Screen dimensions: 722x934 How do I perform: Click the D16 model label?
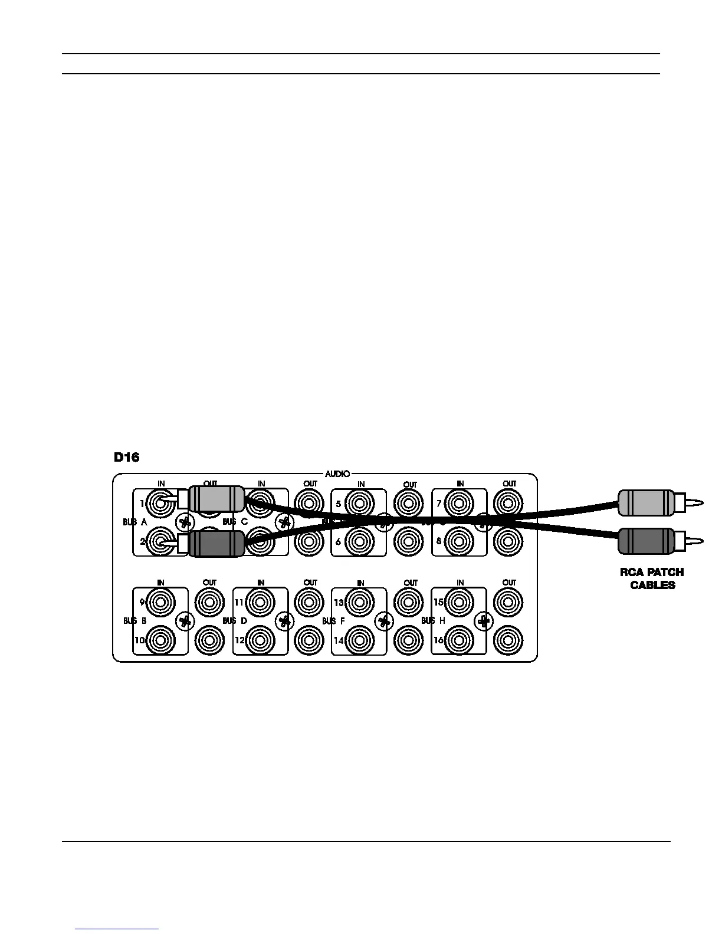tap(126, 457)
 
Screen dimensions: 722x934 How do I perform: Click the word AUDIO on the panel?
tap(337, 473)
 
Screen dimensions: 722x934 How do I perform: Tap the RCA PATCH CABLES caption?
tap(652, 578)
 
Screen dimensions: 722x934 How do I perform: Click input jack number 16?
tap(460, 640)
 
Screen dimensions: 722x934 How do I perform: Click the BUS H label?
tap(433, 621)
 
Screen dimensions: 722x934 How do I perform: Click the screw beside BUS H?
tap(484, 620)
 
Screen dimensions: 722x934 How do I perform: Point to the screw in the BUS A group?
tap(185, 522)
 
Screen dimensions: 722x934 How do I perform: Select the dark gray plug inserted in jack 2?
tap(216, 543)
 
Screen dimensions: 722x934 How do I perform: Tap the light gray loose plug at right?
tap(646, 502)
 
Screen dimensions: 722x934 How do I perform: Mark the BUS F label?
tap(333, 621)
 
